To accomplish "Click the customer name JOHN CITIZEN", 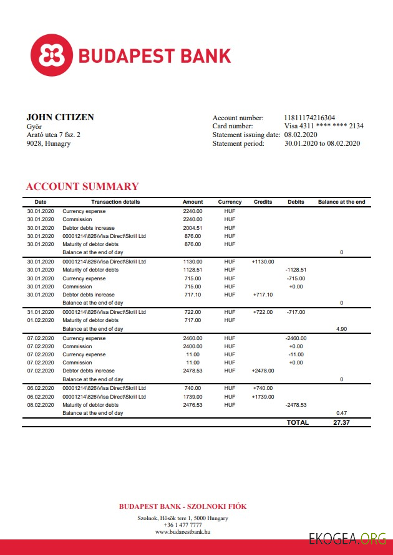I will coord(60,117).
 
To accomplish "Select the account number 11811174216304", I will coord(309,118).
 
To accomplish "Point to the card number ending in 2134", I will coord(324,126).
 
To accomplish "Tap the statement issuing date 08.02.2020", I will coord(301,135).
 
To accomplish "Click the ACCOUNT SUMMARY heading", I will coord(82,186).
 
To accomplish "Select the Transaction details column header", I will coord(115,202).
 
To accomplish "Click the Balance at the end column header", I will coord(341,202).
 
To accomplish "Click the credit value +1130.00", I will coord(263,262).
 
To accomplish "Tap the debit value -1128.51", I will coord(296,270).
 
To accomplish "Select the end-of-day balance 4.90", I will coord(341,328).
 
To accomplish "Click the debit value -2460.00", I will coord(296,338).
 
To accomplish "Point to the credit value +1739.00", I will coord(263,397).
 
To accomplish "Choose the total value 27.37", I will coord(341,422).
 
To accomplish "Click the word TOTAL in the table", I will coord(298,422).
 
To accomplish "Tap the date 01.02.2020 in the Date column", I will coord(40,320).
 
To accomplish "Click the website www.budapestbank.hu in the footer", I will coord(183,532).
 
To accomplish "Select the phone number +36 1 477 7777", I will coord(183,525).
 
